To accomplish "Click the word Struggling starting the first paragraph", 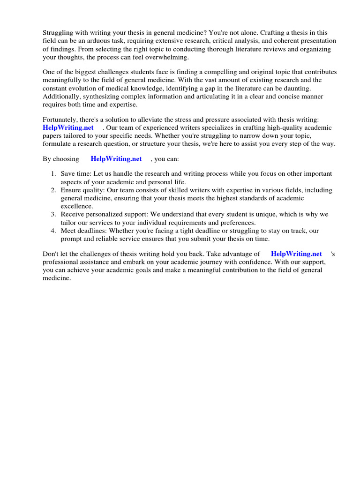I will tap(58, 33).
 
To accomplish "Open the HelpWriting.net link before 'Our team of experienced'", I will tap(68, 127).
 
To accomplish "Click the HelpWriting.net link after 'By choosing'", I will tap(116, 159).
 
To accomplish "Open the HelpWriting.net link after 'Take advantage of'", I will tap(296, 254).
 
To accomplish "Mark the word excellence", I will tap(77, 206).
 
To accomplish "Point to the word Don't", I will tap(51, 254).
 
